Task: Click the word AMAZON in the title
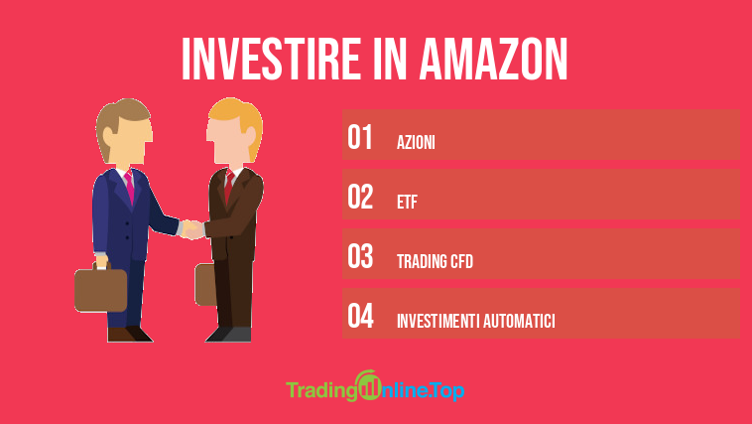(493, 59)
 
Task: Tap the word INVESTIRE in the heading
(271, 59)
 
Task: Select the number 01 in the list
(360, 137)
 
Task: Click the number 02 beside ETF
(360, 197)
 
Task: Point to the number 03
(360, 256)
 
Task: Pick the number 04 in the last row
(361, 316)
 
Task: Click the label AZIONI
(416, 142)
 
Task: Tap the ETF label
(407, 202)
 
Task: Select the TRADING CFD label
(435, 261)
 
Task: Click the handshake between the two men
(192, 229)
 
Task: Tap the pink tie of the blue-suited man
(129, 188)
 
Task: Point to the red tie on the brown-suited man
(229, 186)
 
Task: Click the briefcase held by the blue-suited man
(101, 287)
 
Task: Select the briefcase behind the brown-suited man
(205, 284)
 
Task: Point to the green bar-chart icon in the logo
(368, 385)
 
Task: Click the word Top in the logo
(447, 391)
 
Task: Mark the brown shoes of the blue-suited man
(130, 335)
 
